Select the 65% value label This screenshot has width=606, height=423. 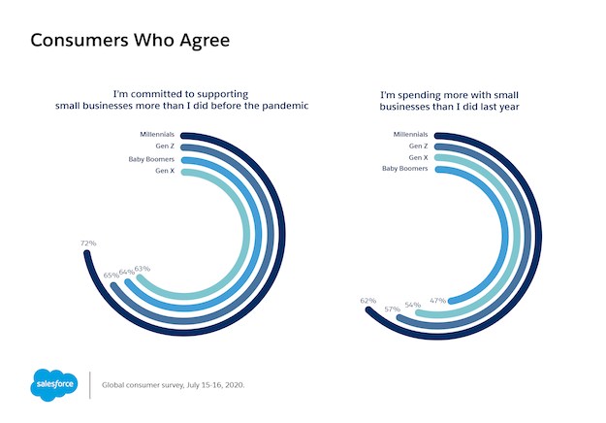111,276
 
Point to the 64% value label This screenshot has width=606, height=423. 126,273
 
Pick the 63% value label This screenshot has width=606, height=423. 142,269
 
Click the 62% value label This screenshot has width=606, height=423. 367,301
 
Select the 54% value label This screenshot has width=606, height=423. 412,306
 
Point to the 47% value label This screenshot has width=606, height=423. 437,301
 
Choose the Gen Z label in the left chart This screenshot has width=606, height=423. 165,146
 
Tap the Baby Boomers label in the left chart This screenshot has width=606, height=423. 151,158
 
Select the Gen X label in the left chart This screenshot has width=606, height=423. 165,171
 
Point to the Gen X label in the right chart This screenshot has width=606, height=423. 419,156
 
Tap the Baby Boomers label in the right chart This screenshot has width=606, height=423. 406,168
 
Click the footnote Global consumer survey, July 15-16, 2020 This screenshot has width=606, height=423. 175,385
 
